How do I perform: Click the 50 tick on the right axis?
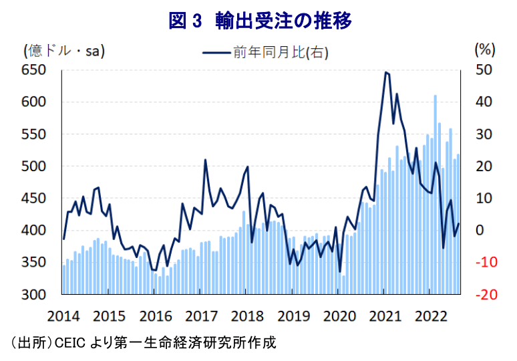tap(483, 70)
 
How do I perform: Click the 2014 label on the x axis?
tap(64, 315)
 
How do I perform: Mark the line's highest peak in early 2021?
tap(386, 72)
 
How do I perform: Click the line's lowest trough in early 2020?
tap(340, 272)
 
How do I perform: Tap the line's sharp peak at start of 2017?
tap(205, 160)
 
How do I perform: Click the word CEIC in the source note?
tap(69, 344)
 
